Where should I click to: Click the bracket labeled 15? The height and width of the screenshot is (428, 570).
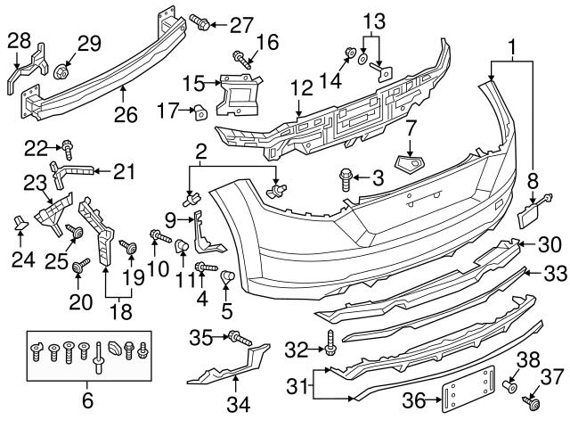tap(238, 95)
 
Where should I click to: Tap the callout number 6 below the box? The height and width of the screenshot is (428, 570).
tap(87, 400)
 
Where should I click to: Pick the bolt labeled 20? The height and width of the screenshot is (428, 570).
tap(81, 264)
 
